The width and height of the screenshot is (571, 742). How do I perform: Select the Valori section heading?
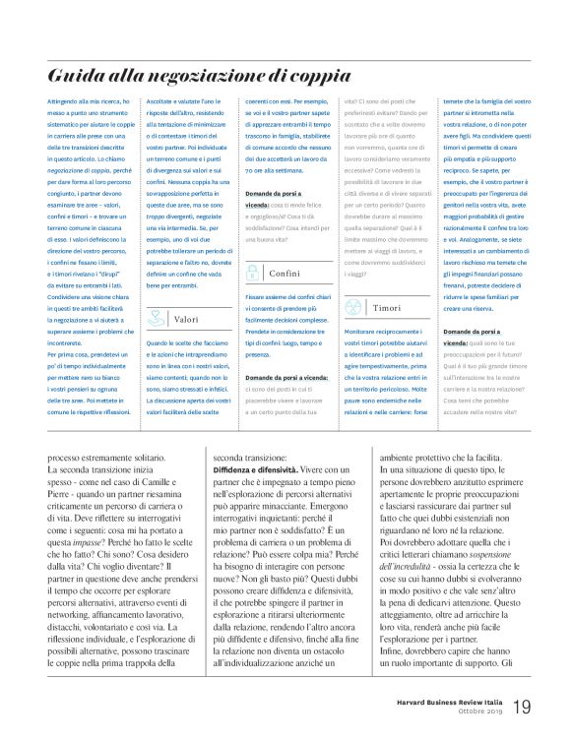(187, 319)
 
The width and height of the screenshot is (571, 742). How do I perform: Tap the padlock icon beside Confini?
(254, 273)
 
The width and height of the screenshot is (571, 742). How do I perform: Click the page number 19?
(522, 707)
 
